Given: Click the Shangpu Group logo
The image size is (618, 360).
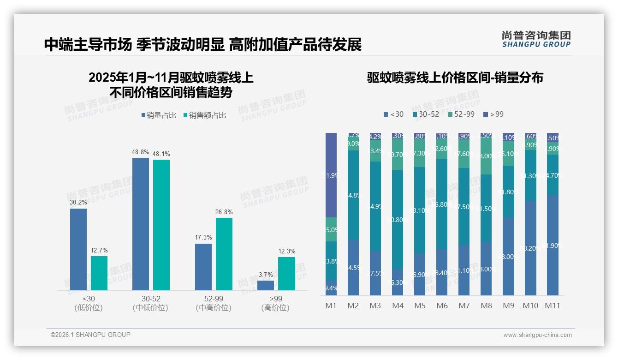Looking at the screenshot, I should click(536, 39).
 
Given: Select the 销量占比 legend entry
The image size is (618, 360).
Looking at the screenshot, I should click(159, 115).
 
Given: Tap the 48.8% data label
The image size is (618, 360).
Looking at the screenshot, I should click(140, 152).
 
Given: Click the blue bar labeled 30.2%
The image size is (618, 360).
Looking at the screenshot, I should click(78, 249).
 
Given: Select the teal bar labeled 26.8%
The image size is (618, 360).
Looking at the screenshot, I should click(224, 254).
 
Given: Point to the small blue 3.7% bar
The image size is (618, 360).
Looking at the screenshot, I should click(266, 285).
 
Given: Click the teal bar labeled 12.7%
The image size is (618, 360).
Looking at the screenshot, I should click(99, 273).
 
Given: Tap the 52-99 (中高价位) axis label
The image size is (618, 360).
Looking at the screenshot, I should click(214, 303).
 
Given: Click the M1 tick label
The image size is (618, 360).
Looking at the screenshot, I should click(331, 306).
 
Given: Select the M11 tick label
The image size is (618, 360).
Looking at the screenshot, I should click(552, 306).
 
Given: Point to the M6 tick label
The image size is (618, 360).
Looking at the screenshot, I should click(442, 306).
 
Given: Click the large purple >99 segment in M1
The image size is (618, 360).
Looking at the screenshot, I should click(331, 175).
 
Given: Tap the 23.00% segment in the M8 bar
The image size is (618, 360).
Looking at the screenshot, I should click(486, 156).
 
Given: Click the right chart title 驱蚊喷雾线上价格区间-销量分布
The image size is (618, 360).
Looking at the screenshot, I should click(455, 78).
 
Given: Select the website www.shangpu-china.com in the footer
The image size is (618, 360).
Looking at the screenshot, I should click(537, 335).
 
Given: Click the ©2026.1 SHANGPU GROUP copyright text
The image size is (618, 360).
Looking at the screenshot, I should click(90, 335).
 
